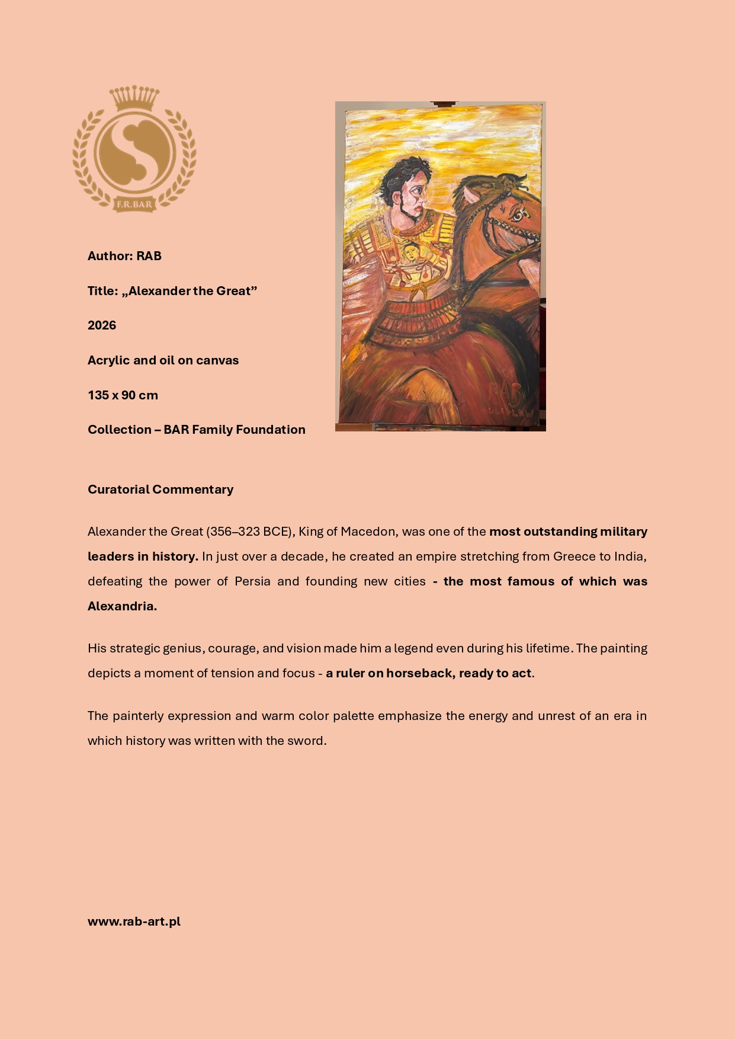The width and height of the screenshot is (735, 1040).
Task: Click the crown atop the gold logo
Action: coord(135,98)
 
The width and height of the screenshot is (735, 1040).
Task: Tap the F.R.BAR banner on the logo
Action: coord(134,205)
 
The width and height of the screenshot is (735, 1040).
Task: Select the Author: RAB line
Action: coord(124,256)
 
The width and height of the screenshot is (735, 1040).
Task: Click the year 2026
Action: coord(102,325)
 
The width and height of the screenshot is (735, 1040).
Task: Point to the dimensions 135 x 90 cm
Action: coord(123,395)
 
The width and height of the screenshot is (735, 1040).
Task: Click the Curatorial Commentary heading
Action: coord(161,489)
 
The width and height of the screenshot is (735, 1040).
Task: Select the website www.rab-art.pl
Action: coord(134,921)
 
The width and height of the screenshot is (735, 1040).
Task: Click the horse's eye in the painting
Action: coord(518,215)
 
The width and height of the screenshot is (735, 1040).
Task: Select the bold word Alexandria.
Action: coord(122,606)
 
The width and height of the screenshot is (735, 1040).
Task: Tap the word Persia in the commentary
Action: coord(252,581)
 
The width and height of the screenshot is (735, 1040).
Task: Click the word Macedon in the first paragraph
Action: coord(367,532)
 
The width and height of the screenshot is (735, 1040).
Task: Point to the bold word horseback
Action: coord(421,673)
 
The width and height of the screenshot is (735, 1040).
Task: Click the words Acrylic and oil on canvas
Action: coord(163,360)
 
